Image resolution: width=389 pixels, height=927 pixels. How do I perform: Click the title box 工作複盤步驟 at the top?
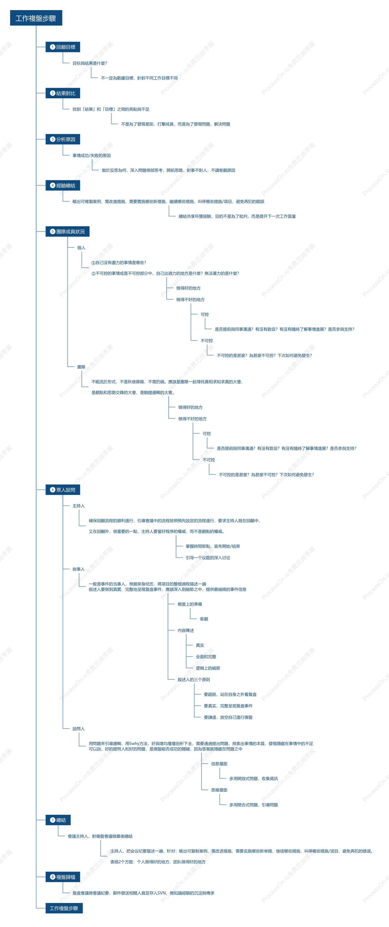[36, 18]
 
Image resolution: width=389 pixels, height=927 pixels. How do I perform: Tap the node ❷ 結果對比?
[63, 93]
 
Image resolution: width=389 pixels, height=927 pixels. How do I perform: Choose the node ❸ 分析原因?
[63, 139]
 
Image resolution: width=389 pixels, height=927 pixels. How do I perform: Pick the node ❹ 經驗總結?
[63, 185]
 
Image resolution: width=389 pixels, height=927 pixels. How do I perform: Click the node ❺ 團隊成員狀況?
[67, 231]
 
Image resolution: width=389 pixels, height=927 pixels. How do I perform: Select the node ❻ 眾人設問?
[63, 490]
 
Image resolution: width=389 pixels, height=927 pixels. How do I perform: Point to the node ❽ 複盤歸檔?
[63, 877]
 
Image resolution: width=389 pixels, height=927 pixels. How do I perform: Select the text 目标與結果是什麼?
[90, 63]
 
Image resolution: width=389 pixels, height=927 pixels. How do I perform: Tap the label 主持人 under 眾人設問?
[78, 506]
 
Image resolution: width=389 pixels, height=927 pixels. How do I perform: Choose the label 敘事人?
[78, 569]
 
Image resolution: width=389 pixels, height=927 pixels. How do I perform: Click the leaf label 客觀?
[204, 619]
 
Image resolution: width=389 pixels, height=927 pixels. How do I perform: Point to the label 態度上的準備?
[190, 604]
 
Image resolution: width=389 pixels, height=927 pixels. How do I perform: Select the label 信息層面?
[219, 764]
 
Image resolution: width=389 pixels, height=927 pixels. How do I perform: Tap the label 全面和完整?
[206, 657]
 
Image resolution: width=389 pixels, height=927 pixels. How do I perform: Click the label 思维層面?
[219, 790]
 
